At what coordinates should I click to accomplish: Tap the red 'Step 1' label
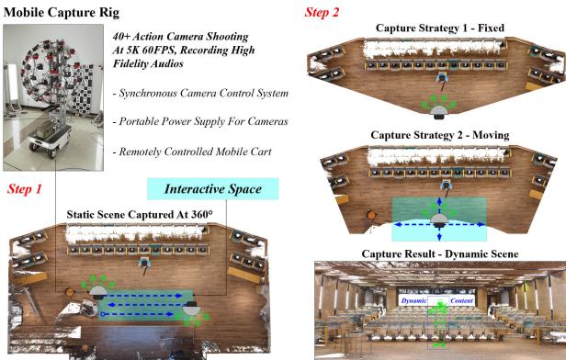26,191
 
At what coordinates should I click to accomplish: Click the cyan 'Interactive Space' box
211,189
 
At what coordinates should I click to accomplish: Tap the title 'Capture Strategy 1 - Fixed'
437,30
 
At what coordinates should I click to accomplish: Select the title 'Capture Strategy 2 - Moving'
438,135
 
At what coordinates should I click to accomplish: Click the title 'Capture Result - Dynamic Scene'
439,253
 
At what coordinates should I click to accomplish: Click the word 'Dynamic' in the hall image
416,300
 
